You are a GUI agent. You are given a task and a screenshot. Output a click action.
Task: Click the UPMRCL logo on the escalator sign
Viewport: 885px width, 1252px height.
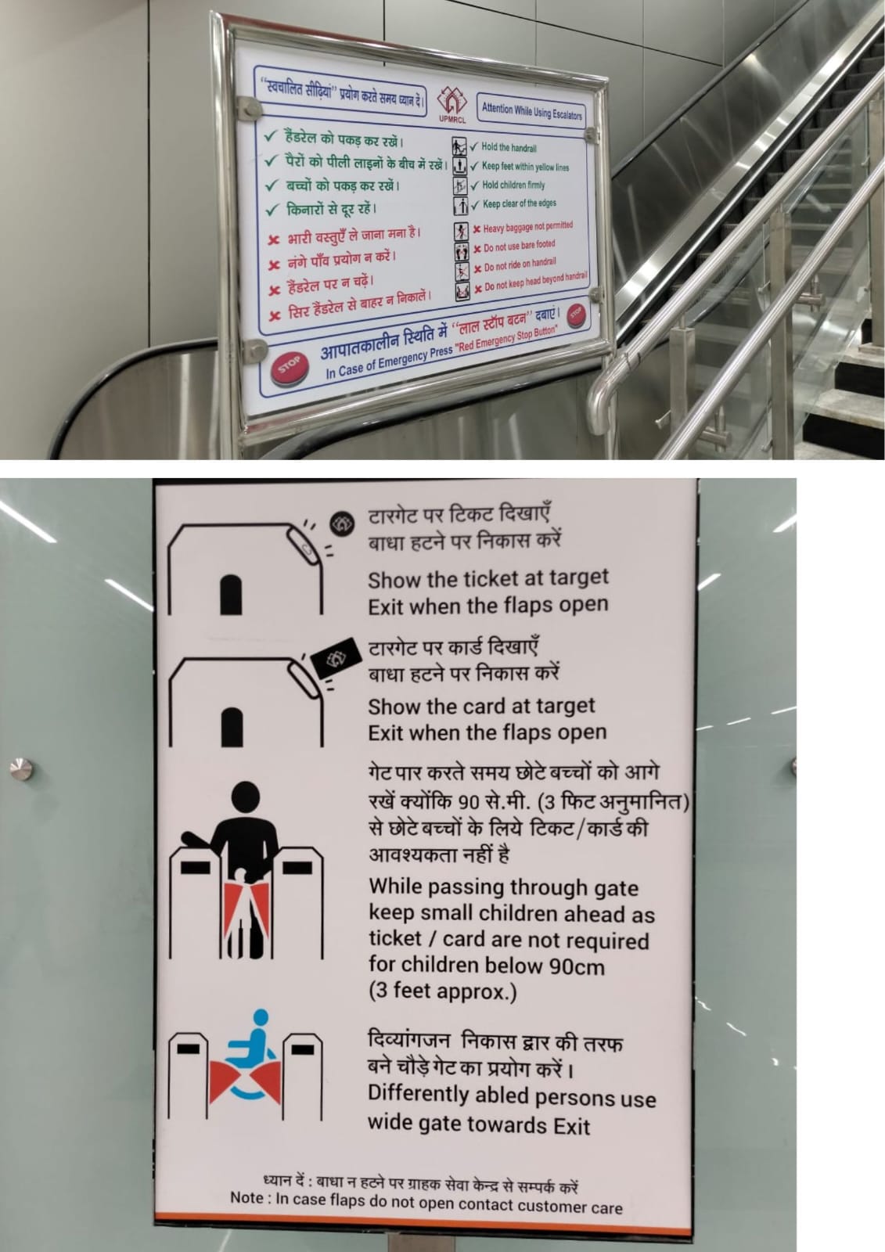point(451,103)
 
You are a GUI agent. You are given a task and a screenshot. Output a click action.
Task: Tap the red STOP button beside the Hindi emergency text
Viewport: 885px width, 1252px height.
point(577,314)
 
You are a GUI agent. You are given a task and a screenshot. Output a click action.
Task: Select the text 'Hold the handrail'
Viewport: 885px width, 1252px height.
point(509,148)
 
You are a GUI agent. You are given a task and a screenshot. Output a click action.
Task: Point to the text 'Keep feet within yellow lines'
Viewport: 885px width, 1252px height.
point(526,167)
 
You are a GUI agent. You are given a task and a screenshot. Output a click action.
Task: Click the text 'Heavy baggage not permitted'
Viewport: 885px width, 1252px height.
point(527,227)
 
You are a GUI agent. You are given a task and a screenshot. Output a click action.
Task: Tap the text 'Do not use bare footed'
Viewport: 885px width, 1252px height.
point(520,246)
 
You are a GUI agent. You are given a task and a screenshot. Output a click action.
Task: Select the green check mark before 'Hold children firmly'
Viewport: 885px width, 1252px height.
point(475,185)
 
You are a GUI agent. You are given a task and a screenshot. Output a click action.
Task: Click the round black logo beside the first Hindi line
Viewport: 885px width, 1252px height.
point(342,523)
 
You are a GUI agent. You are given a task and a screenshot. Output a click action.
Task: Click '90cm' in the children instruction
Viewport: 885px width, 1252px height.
point(577,966)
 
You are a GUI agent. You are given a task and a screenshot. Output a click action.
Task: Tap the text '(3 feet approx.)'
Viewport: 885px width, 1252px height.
point(442,991)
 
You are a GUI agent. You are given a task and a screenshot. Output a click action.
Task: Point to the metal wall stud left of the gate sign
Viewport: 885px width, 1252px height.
point(21,768)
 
